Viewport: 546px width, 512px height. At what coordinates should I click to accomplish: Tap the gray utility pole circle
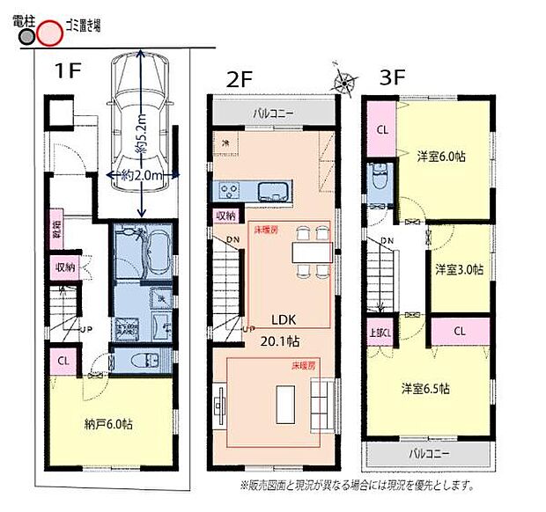(26, 37)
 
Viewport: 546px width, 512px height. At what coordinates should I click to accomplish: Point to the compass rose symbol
(342, 81)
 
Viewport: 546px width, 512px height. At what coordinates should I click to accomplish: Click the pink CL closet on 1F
(63, 361)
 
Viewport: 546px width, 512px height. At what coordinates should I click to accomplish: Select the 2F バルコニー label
(274, 113)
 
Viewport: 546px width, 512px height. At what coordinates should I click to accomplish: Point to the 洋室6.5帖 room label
(427, 388)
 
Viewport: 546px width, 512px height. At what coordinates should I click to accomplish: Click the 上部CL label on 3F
(380, 333)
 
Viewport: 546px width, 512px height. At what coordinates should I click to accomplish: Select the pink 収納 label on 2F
(225, 215)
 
